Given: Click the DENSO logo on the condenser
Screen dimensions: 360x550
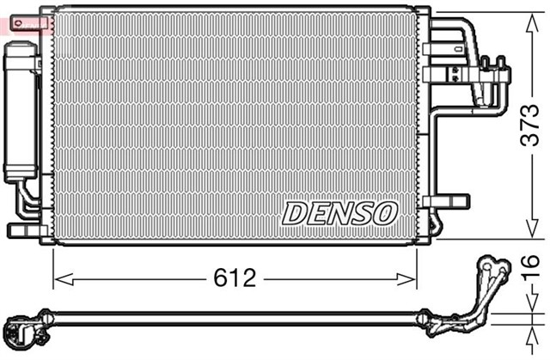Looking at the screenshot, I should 339,212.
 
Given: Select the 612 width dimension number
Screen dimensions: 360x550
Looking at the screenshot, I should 234,278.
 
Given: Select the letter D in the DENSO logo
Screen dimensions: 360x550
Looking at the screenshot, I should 295,212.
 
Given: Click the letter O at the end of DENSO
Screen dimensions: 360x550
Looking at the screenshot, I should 384,212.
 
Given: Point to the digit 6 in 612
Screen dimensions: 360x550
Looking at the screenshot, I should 219,278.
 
